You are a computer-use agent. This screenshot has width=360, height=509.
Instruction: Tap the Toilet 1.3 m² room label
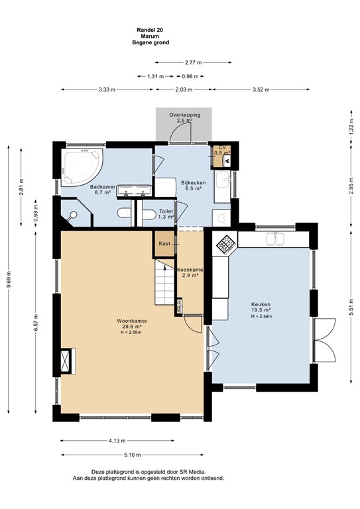(166, 214)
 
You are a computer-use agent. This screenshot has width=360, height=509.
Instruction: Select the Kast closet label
(164, 243)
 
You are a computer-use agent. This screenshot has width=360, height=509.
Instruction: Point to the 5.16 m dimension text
(133, 455)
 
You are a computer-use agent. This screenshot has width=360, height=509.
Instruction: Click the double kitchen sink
(275, 239)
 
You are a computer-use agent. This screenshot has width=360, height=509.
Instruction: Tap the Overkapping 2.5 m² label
(185, 117)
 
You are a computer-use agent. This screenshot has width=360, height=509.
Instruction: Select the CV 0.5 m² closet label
(222, 150)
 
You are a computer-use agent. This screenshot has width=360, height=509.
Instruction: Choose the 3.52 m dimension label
(261, 89)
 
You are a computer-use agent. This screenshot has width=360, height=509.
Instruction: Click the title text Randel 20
(150, 30)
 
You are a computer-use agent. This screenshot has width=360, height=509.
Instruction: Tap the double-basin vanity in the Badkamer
(135, 191)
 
